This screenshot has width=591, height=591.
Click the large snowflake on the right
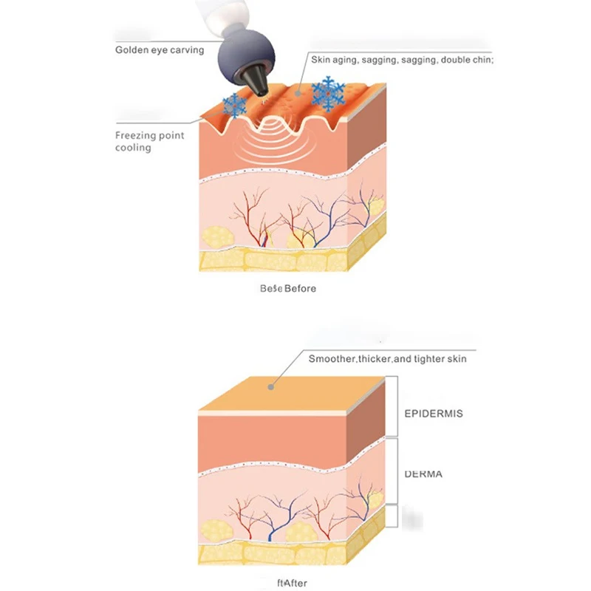click(x=328, y=94)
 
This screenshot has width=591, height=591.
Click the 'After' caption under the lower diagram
click(x=294, y=584)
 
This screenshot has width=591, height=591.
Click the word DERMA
click(x=423, y=474)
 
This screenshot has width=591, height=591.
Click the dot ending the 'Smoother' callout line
click(x=272, y=385)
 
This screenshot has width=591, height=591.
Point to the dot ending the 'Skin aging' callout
click(x=298, y=93)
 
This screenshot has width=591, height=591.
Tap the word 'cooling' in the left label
click(x=133, y=148)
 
